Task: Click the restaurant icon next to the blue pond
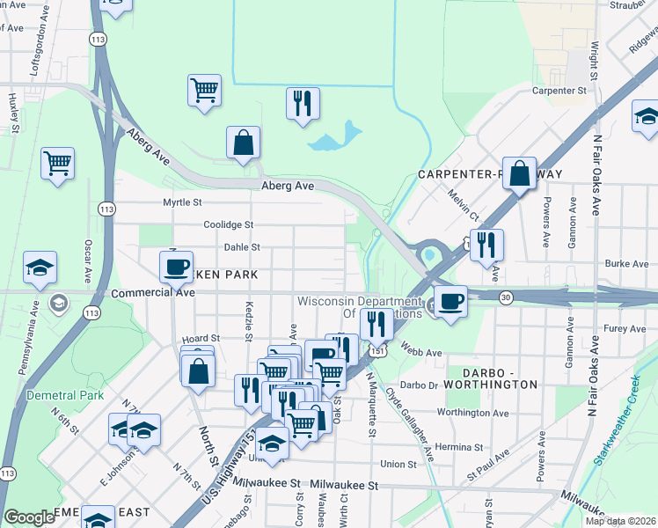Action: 303,103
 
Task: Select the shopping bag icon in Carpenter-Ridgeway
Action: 520,172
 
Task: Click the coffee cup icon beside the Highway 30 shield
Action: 450,302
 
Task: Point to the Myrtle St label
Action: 183,202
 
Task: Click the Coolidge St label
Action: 229,225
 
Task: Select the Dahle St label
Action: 242,248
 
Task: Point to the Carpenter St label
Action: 559,91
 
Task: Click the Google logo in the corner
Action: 29,517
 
